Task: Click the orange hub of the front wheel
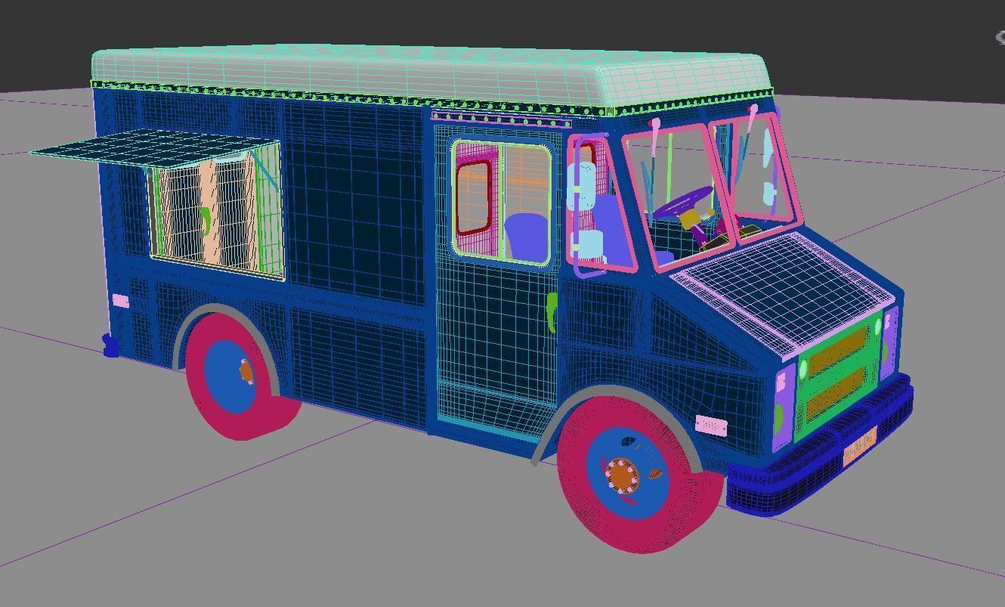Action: (621, 475)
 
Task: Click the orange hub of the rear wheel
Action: (247, 371)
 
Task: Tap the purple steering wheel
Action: (684, 203)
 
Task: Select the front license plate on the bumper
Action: (859, 447)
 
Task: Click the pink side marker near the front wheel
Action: (710, 426)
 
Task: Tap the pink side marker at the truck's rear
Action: (120, 301)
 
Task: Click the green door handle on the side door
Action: (552, 310)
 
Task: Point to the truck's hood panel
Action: (786, 287)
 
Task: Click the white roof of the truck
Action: (423, 72)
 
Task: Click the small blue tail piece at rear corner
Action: (110, 345)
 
